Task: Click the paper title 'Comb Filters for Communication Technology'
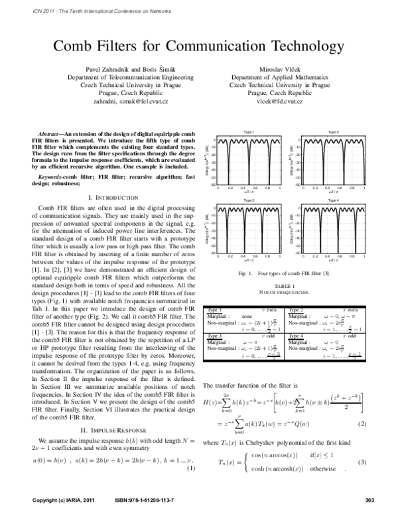(199, 46)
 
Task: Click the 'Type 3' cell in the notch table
(215, 336)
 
